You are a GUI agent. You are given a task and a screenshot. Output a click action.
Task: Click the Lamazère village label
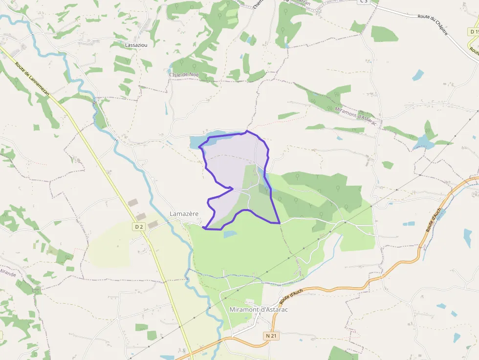(184, 214)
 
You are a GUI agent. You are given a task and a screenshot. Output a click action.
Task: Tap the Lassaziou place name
(136, 45)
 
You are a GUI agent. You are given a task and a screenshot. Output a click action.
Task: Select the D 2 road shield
(139, 227)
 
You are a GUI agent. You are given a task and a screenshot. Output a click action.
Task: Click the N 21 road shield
(271, 336)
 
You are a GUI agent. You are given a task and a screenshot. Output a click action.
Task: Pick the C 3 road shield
(363, 1)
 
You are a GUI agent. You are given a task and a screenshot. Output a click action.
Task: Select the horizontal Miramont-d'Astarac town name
(259, 310)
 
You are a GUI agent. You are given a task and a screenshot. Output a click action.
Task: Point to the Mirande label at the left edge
(7, 273)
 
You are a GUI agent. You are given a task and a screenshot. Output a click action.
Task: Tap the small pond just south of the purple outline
(230, 234)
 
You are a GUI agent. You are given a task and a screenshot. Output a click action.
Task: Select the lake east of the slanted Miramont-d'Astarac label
(423, 143)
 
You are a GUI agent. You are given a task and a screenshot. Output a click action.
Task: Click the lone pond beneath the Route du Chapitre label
(418, 75)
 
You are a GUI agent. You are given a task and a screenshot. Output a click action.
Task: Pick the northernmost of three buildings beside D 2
(133, 202)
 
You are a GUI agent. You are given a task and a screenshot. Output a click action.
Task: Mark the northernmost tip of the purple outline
(247, 131)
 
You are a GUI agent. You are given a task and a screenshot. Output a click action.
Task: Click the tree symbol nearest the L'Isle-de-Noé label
(182, 62)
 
